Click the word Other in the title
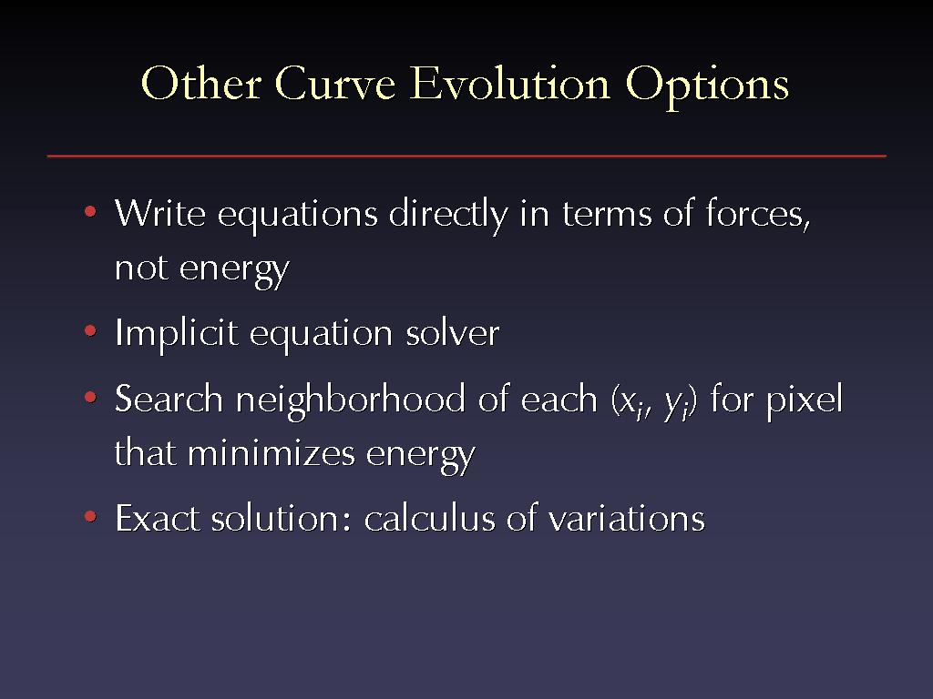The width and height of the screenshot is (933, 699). pos(201,83)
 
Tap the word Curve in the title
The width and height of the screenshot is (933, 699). pos(335,83)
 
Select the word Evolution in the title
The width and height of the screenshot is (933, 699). pos(510,83)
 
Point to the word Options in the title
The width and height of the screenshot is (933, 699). pos(707,86)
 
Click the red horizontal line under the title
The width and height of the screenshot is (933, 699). pos(466,157)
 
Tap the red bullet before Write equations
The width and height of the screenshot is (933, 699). pos(90,211)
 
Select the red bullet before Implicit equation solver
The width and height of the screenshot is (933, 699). pos(90,330)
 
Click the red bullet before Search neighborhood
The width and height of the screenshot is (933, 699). pos(90,397)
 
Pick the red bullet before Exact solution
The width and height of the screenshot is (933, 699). pos(90,516)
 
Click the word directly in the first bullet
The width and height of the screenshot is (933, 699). pos(448,215)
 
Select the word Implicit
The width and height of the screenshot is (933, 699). pos(177,335)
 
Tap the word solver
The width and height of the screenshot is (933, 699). pos(453,332)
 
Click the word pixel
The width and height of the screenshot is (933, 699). pos(805,401)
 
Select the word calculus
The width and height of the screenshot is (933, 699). pos(430,518)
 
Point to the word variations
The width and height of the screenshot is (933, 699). pos(627,518)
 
